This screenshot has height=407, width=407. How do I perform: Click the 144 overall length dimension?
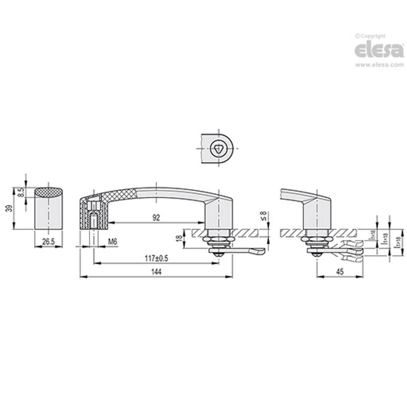156,273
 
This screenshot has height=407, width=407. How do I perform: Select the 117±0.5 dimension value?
156,258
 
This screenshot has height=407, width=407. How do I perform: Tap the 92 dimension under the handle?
156,218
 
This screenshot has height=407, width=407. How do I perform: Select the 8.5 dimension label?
21,193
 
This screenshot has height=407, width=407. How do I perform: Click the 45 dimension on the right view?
340,273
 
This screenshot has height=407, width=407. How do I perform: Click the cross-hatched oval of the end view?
49,192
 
